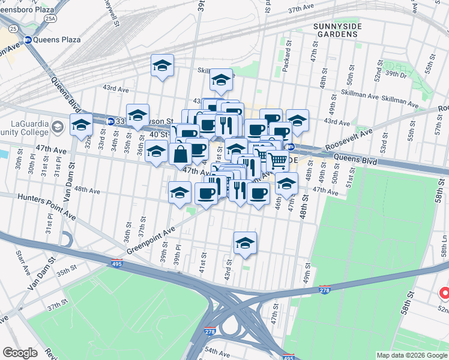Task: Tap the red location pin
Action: coord(444,294)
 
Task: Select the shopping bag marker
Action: coord(181,154)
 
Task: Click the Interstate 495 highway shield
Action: coord(116,263)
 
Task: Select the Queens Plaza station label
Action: coord(52,41)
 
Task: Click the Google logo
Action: coord(20,352)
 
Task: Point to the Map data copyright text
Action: coord(411,355)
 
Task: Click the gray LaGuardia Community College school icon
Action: coord(57,126)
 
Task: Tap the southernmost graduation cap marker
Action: coord(245,243)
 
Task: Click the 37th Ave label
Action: coord(302,10)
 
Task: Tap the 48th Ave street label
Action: coord(87,190)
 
